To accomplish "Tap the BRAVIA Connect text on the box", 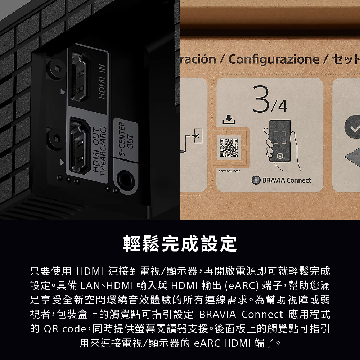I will pyautogui.click(x=286, y=180).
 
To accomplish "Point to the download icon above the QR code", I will pyautogui.click(x=229, y=120).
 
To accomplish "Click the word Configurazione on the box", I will pyautogui.click(x=274, y=59).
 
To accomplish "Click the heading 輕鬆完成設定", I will pyautogui.click(x=180, y=244).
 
